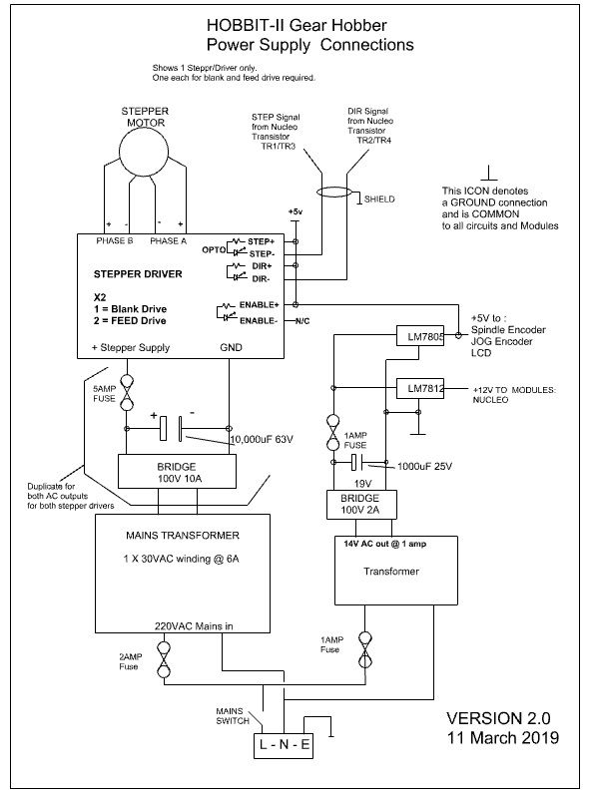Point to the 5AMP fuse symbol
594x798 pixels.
(x=127, y=393)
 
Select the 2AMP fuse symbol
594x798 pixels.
(x=164, y=660)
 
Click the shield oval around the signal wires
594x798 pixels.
(x=334, y=193)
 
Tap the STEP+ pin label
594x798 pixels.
(x=261, y=241)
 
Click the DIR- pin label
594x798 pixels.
(x=261, y=279)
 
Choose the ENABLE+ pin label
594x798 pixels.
(x=259, y=305)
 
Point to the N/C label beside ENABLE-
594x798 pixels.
(x=302, y=321)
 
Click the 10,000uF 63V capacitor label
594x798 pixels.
(x=262, y=439)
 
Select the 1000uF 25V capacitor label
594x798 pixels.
(x=424, y=466)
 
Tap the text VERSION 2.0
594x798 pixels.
(x=498, y=718)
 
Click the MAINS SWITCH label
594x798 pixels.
(x=233, y=715)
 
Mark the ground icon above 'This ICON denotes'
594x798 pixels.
(x=489, y=173)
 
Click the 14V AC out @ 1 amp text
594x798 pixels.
(x=384, y=544)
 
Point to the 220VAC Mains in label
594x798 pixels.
(x=194, y=626)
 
